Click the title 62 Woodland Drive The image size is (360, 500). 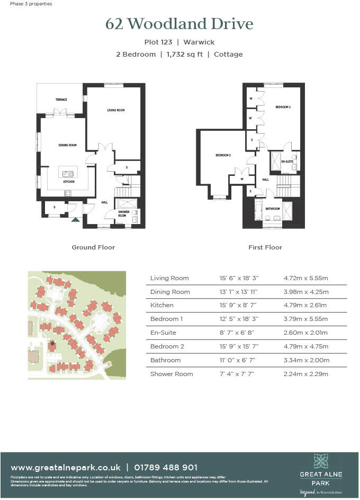(179, 24)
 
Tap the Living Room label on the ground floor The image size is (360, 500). (116, 110)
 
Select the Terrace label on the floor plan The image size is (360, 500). (62, 100)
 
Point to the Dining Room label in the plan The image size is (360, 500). (67, 145)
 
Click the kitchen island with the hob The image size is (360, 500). (68, 173)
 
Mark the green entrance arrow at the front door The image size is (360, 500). (76, 218)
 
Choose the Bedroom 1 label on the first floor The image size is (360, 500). (283, 107)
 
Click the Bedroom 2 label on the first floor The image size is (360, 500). (223, 155)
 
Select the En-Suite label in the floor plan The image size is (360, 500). (286, 160)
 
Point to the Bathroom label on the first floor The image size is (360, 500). (273, 209)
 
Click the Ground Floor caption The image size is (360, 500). (93, 247)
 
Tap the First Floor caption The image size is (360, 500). (265, 247)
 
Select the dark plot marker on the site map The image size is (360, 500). (52, 344)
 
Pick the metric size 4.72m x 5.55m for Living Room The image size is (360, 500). (306, 278)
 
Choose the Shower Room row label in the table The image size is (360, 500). (172, 374)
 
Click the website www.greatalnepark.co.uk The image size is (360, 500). (66, 467)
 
